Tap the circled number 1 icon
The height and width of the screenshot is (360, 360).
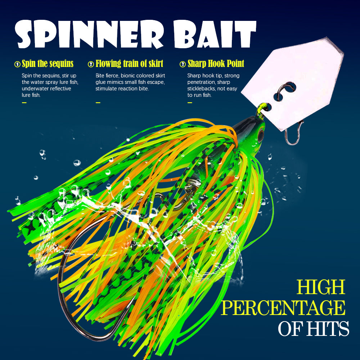(x=17, y=64)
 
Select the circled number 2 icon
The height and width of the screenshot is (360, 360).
(x=91, y=64)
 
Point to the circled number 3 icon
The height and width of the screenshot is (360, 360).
(x=183, y=64)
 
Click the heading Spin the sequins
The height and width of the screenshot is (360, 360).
(x=48, y=64)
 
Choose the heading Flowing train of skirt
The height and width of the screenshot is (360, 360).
(x=129, y=64)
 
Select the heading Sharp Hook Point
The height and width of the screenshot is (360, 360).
(x=216, y=64)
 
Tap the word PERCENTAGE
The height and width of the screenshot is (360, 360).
(x=283, y=308)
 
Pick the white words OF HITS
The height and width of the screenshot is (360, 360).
(x=313, y=328)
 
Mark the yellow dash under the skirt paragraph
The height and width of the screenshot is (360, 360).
(x=98, y=103)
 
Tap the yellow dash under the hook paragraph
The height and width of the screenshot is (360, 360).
(x=190, y=103)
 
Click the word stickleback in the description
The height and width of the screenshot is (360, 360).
(x=202, y=89)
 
